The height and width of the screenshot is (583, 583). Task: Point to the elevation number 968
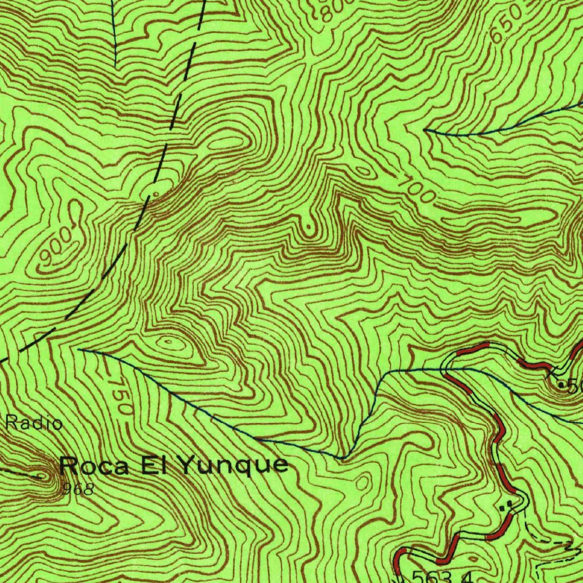pos(79,488)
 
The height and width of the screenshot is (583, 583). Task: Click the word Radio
pos(34,423)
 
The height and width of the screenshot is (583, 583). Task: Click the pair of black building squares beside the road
pos(505,504)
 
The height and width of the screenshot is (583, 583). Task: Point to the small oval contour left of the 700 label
pos(363,170)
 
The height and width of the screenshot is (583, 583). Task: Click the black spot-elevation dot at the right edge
pos(561,386)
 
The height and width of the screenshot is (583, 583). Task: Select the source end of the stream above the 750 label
pos(80,350)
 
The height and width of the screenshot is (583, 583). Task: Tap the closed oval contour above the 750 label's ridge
pos(168,343)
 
